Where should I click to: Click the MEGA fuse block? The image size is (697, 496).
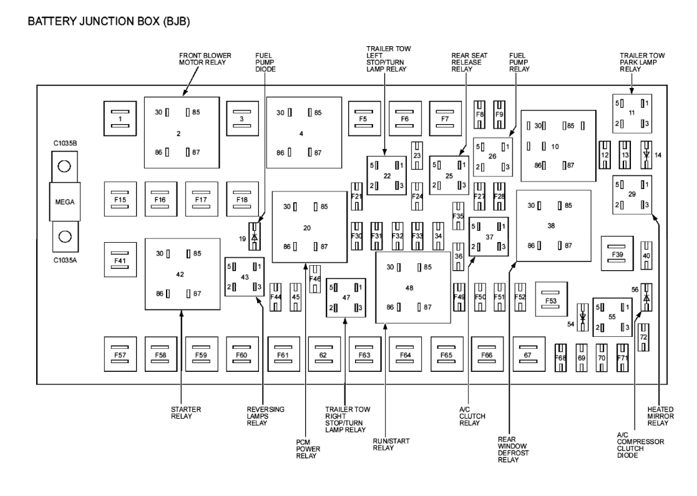click(62, 203)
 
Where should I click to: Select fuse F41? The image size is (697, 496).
click(120, 258)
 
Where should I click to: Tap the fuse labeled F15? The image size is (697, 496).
click(120, 200)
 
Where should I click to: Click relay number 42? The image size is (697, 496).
click(182, 274)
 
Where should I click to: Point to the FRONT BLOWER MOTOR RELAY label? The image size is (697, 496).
click(205, 59)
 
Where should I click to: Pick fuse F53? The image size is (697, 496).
click(551, 301)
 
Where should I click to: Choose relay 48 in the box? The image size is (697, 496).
click(412, 287)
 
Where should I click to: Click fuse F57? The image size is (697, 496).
click(120, 354)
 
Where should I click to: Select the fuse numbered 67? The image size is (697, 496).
click(528, 354)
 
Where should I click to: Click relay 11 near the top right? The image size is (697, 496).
click(631, 112)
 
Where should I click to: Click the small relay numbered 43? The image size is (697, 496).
click(244, 276)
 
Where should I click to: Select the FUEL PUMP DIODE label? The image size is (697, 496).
click(265, 62)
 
